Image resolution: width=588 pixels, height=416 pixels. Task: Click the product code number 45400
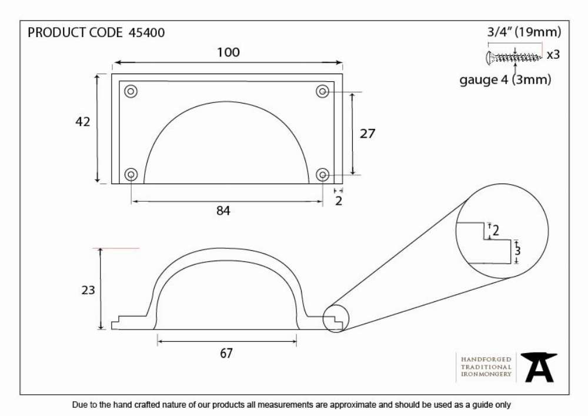point(146,32)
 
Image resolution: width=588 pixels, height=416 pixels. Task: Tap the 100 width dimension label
point(228,52)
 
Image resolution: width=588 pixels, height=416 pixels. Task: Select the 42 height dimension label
point(83,122)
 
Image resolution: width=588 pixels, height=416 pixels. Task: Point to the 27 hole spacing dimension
point(367,134)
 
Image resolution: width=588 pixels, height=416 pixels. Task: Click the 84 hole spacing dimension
point(223,211)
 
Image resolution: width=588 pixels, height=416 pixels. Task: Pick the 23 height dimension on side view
point(88,290)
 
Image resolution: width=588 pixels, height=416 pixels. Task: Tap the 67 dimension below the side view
point(226,353)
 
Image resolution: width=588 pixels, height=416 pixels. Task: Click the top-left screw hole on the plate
point(131,91)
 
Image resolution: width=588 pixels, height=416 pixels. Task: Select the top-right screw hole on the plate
point(322,91)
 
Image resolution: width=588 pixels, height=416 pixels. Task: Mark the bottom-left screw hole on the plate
point(131,174)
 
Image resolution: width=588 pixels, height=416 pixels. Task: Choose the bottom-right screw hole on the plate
point(322,174)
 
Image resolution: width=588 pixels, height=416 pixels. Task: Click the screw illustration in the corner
point(514,58)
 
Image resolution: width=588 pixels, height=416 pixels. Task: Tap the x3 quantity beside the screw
point(553,55)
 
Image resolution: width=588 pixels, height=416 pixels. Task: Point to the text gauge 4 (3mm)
point(506,79)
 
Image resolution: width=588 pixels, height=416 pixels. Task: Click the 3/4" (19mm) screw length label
point(524,32)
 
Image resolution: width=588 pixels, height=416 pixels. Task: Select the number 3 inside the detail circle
point(518,251)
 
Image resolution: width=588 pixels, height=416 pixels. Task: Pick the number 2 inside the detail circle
point(496,230)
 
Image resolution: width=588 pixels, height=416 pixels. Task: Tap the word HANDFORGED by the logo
point(486,360)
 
